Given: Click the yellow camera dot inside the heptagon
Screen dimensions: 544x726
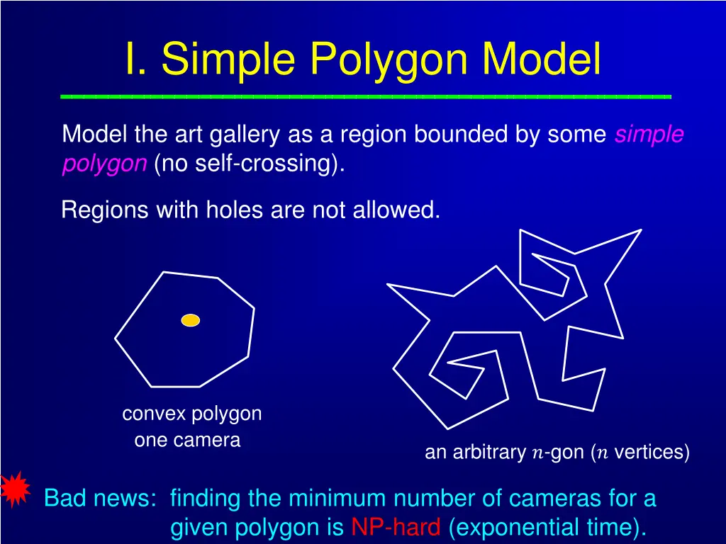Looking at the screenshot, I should coord(190,320).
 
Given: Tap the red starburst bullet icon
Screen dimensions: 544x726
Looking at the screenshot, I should coord(15,489).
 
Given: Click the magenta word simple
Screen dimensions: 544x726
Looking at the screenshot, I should coord(649,134).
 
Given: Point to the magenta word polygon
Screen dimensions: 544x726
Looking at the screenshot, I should coord(104,164).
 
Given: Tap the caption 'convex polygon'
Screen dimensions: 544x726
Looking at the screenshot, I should coord(191,413).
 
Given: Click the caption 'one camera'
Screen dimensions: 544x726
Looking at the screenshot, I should coord(187,440).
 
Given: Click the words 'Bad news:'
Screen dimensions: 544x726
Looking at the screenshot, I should coord(99,499).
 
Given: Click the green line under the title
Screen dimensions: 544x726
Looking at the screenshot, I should coord(365,96).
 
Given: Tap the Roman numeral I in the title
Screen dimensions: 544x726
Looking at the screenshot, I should coord(132,59).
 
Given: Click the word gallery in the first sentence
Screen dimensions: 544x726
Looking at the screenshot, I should coord(253,134).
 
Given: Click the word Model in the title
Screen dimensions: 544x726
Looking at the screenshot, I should coord(542,59).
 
